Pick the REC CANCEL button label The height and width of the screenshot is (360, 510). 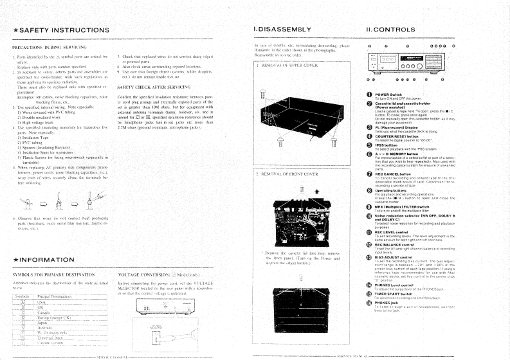point(396,174)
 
